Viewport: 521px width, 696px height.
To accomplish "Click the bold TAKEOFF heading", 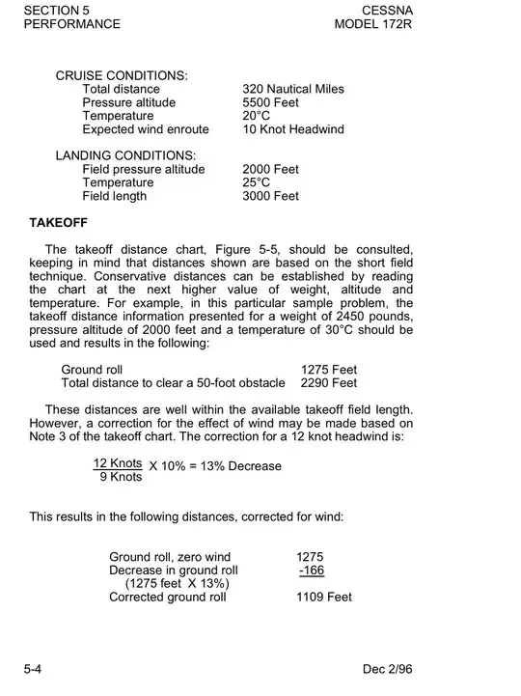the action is [59, 222].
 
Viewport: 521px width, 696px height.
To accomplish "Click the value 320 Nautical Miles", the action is [293, 89].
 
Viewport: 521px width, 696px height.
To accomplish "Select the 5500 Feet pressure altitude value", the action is [271, 102].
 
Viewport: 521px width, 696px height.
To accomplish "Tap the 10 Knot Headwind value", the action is [293, 129].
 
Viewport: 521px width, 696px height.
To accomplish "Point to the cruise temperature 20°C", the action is [258, 116].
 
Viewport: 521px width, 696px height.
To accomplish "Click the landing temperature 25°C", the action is [258, 182].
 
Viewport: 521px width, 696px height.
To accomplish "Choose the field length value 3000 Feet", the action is [271, 196].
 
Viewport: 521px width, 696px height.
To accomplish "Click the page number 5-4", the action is [33, 669].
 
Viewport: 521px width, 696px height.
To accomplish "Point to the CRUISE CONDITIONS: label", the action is [122, 75].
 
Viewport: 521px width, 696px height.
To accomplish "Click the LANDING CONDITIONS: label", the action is [125, 155].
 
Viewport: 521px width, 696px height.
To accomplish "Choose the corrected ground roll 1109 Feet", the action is [323, 597].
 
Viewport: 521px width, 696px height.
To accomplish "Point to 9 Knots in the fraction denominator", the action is [121, 477].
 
